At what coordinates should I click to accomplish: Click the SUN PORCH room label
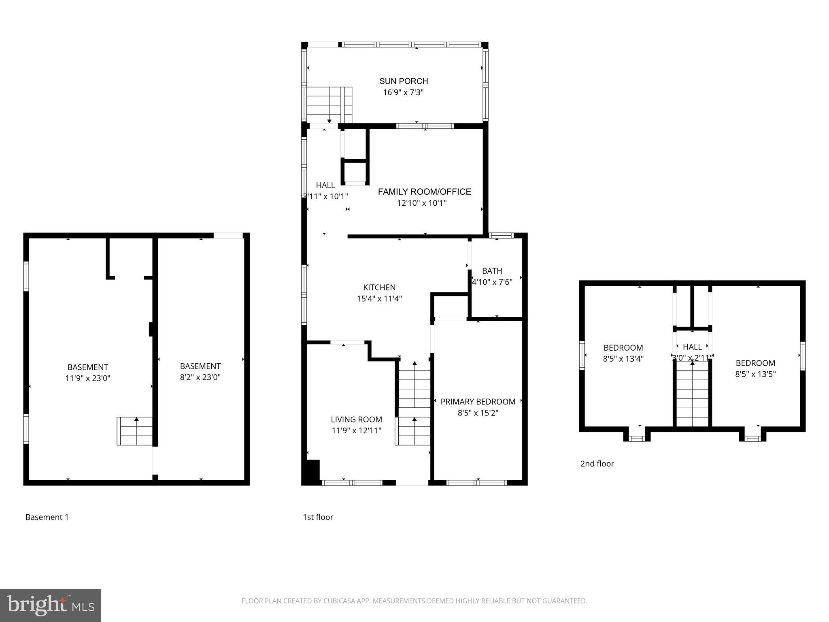point(403,81)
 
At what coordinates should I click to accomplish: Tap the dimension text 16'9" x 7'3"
point(403,92)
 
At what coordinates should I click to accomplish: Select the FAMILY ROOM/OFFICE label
point(424,192)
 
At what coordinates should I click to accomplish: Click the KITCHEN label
point(379,288)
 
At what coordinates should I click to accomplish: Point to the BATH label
point(492,271)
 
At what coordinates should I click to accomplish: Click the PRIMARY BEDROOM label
point(478,402)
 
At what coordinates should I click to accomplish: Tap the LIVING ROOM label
point(356,420)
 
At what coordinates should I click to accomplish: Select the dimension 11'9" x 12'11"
point(356,430)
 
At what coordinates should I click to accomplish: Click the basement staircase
point(135,431)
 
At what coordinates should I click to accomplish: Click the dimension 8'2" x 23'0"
point(200,377)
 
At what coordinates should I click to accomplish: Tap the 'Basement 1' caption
point(47,517)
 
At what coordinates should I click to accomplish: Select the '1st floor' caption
point(318,517)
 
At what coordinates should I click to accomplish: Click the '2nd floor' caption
point(597,464)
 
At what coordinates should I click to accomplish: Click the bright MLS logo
point(51,605)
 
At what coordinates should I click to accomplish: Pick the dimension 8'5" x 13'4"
point(623,359)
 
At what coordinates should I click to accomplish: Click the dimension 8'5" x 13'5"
point(755,374)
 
